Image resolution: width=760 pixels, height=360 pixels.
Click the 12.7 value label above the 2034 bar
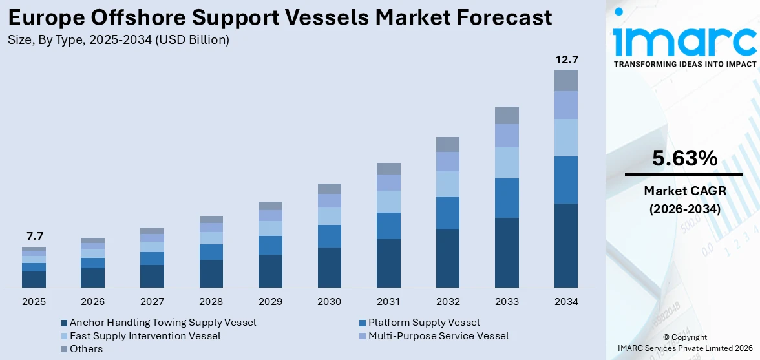point(566,60)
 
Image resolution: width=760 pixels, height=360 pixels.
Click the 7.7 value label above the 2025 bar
point(34,237)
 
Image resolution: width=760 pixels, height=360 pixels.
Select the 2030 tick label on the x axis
point(330,302)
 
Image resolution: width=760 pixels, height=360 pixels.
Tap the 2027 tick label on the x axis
point(152,302)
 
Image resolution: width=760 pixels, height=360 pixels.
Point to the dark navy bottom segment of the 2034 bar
point(566,246)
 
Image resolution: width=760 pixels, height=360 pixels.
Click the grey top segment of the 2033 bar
point(507,115)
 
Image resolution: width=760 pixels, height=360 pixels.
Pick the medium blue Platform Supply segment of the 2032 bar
point(448,213)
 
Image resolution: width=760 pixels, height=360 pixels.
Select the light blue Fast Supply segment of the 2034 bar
point(566,138)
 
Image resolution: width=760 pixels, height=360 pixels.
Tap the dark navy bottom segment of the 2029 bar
point(270,271)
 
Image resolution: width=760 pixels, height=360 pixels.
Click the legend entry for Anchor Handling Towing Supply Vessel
point(162,323)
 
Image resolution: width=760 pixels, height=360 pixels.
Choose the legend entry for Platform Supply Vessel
point(424,323)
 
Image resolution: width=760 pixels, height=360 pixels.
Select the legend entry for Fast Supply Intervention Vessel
point(145,336)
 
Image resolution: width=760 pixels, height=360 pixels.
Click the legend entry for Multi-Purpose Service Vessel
point(438,336)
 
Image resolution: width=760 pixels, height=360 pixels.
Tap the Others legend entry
point(86,349)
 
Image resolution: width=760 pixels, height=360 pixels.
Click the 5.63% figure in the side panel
point(684,158)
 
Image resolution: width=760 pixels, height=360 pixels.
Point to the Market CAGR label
point(684,191)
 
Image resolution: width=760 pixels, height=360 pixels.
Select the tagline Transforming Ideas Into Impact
point(684,64)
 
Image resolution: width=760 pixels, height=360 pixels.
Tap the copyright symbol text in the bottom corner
point(684,337)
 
